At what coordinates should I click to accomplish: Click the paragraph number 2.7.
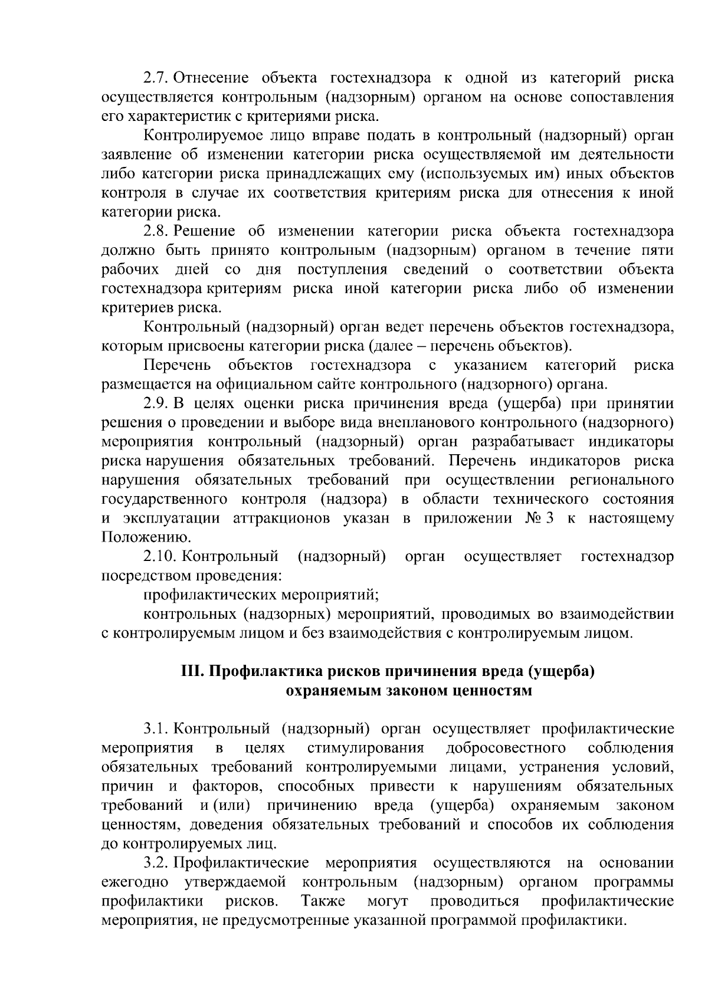(156, 78)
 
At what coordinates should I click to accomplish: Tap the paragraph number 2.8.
(156, 231)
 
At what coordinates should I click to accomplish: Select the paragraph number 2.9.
(156, 403)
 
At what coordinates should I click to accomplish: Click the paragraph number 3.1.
(156, 729)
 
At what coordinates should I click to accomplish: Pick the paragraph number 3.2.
(156, 863)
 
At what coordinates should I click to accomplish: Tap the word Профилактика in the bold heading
(255, 672)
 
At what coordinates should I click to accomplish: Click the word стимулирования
(366, 748)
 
